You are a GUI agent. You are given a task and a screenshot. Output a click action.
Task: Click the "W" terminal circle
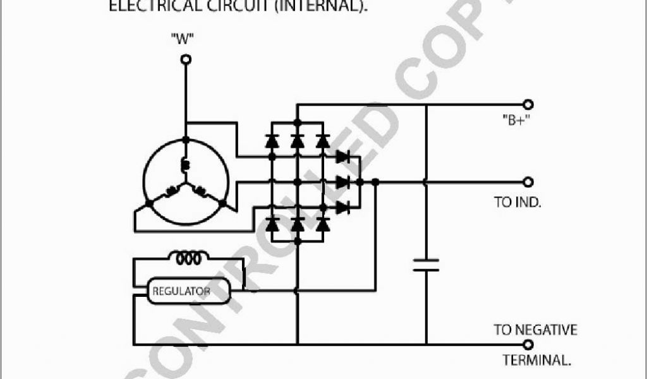(186, 59)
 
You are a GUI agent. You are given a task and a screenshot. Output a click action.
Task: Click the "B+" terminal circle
(528, 104)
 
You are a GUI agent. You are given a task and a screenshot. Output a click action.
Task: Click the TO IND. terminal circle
(528, 182)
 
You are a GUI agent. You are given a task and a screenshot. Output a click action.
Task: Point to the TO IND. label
(517, 203)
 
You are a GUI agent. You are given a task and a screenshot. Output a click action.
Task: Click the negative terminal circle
(528, 344)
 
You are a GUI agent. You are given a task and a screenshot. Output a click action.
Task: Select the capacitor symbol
(426, 264)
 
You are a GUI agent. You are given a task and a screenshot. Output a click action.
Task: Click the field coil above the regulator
(188, 258)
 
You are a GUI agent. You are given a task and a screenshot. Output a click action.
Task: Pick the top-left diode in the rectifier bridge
(272, 141)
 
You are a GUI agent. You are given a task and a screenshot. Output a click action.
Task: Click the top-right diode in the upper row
(322, 141)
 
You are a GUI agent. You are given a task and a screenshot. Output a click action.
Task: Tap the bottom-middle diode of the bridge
(298, 223)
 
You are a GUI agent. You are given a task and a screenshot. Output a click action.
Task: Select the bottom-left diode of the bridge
(272, 223)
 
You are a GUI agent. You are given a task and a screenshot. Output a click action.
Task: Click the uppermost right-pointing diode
(343, 156)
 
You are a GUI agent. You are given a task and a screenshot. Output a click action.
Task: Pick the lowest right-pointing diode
(343, 207)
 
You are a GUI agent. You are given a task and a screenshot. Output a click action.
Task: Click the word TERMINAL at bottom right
(537, 361)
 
